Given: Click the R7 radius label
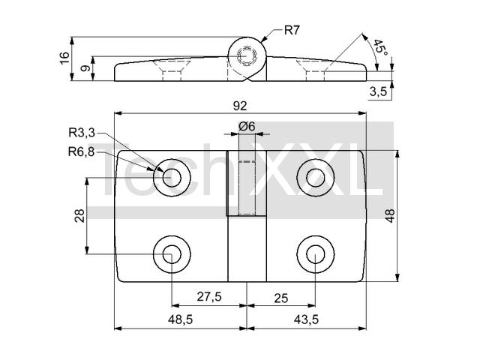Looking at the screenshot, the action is pyautogui.click(x=292, y=30).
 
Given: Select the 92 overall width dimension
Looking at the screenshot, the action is pyautogui.click(x=240, y=106).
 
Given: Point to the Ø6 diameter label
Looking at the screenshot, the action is pyautogui.click(x=247, y=126).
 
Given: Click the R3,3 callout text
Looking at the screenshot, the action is pyautogui.click(x=82, y=133).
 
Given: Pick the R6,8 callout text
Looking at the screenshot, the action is pyautogui.click(x=82, y=151).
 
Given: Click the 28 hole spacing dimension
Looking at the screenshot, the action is pyautogui.click(x=79, y=216).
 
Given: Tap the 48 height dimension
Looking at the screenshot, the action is pyautogui.click(x=390, y=216).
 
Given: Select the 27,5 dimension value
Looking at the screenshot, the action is pyautogui.click(x=209, y=296).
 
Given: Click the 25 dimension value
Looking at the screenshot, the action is pyautogui.click(x=281, y=298).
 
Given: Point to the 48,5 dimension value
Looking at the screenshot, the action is pyautogui.click(x=180, y=319).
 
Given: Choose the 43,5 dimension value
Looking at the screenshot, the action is pyautogui.click(x=306, y=319).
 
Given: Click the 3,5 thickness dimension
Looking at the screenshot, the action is pyautogui.click(x=378, y=91).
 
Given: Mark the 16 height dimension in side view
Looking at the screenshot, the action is pyautogui.click(x=64, y=58).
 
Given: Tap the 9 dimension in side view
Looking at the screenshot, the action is pyautogui.click(x=85, y=68).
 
